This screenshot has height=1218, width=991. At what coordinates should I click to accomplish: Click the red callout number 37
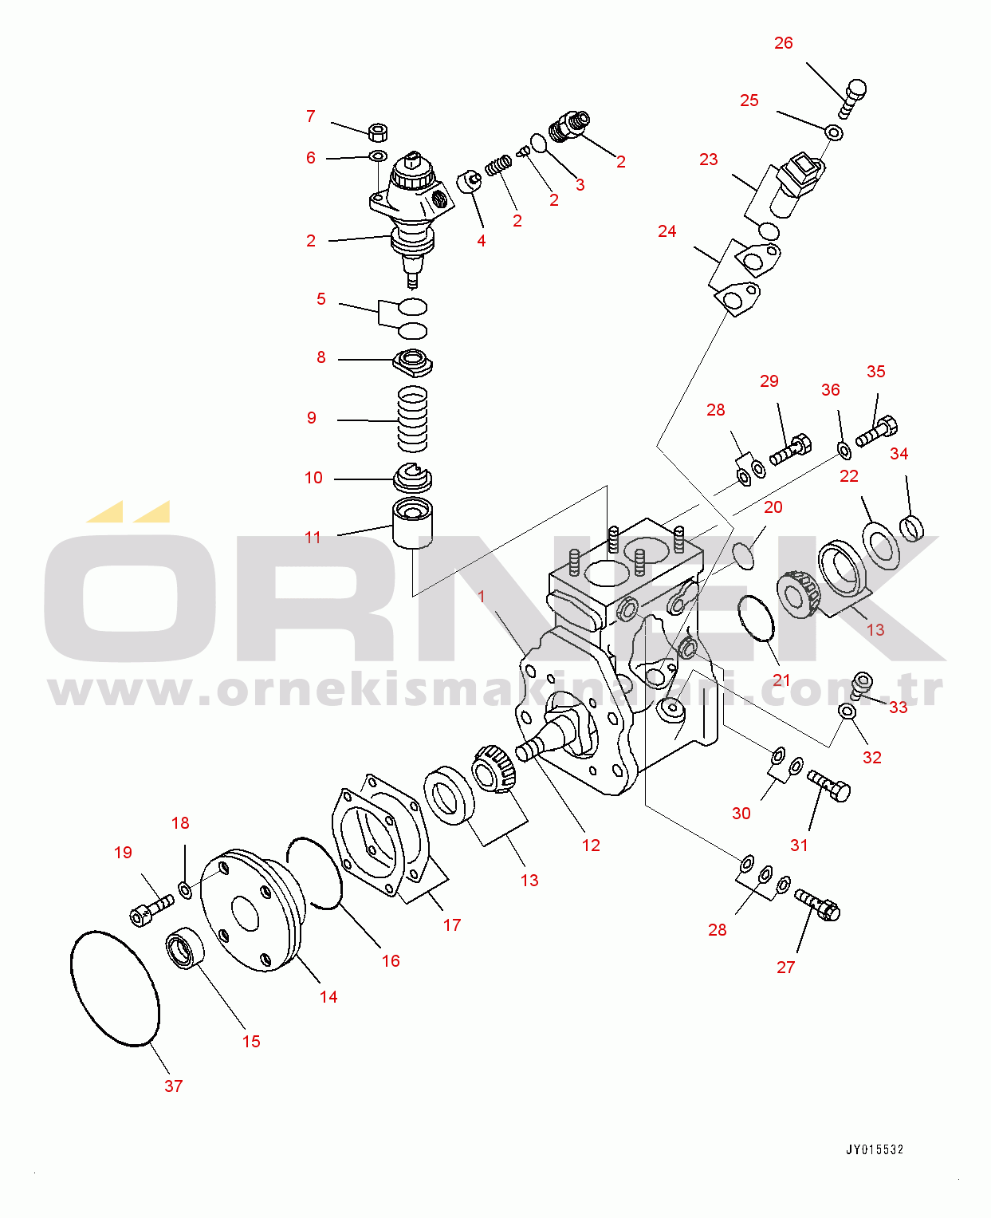pos(174,1086)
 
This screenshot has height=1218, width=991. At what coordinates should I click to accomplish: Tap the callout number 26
pos(784,43)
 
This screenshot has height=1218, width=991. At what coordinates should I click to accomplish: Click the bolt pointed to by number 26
pos(852,98)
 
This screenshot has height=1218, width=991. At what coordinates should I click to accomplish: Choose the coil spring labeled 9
pos(413,419)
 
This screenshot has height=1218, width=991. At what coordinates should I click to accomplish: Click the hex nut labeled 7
pos(378,132)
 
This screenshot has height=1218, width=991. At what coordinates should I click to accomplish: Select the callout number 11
pos(313,538)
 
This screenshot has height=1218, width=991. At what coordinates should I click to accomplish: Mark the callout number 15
pos(251,1041)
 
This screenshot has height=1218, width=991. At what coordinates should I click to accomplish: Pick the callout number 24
pos(667,231)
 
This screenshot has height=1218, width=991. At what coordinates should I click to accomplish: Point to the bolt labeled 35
pos(877,432)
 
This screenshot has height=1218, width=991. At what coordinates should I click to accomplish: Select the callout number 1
pos(482,597)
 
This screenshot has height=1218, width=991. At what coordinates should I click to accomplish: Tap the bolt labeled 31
pos(828,786)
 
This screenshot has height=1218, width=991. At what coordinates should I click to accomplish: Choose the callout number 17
pos(452,925)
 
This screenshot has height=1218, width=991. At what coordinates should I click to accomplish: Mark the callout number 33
pos(899,708)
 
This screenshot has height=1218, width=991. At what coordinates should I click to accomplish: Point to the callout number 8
pos(321,357)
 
